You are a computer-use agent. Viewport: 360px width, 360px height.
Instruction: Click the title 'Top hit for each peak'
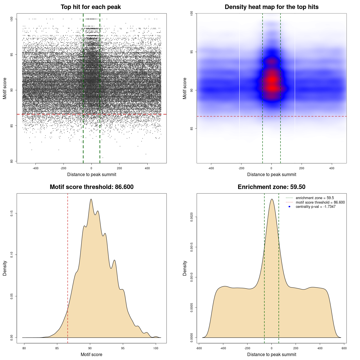91,7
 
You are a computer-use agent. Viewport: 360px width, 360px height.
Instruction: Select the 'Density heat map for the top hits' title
271,7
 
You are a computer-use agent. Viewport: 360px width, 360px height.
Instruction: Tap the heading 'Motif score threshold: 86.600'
91,187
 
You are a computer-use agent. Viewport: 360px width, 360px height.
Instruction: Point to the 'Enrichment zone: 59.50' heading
271,187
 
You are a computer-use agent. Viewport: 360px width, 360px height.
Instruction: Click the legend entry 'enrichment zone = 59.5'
315,198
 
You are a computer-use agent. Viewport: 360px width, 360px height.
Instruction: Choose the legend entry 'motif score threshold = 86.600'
320,202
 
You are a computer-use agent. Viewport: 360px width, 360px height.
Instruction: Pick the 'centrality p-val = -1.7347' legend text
316,207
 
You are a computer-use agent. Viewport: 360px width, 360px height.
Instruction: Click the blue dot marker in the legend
289,207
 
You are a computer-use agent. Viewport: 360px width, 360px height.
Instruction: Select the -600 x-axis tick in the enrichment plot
199,348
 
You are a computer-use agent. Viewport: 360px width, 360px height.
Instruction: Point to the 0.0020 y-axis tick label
192,217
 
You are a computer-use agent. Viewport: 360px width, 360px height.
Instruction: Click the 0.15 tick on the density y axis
12,213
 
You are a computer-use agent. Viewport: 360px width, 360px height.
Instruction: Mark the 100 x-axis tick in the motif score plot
156,348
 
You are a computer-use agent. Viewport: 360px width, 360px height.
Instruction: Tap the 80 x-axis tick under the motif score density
24,348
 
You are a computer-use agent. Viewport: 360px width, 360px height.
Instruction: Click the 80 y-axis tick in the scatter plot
12,161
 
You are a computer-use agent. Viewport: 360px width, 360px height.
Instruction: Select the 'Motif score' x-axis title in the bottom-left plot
91,355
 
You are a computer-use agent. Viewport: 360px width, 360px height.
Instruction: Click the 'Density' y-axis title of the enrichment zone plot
185,268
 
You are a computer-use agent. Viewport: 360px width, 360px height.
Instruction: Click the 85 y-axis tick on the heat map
192,129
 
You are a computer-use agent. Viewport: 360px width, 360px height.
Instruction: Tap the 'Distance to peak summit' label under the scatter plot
92,175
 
